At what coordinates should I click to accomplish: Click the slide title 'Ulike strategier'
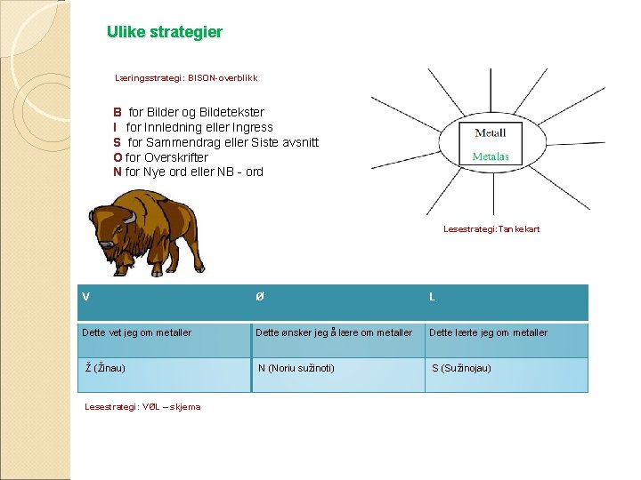click(x=165, y=32)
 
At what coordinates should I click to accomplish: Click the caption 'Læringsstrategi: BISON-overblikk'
click(x=186, y=78)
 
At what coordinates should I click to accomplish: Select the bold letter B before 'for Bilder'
click(x=118, y=113)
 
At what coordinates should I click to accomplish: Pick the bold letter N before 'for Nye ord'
click(x=118, y=172)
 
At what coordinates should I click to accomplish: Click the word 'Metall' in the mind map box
click(x=490, y=133)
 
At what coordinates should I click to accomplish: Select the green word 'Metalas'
click(x=490, y=156)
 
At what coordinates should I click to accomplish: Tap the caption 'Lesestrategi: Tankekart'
click(x=491, y=229)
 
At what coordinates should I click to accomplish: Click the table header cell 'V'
click(x=85, y=297)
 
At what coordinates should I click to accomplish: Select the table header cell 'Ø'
click(x=259, y=297)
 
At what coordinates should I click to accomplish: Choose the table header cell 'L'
click(x=432, y=297)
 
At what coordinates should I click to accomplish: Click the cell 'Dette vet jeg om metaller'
click(x=136, y=332)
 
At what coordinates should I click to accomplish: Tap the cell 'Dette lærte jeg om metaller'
click(x=489, y=332)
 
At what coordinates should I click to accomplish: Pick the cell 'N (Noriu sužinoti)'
click(x=296, y=368)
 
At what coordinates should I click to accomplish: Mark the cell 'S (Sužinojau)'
click(x=461, y=368)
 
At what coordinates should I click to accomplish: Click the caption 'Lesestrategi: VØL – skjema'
click(x=142, y=407)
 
